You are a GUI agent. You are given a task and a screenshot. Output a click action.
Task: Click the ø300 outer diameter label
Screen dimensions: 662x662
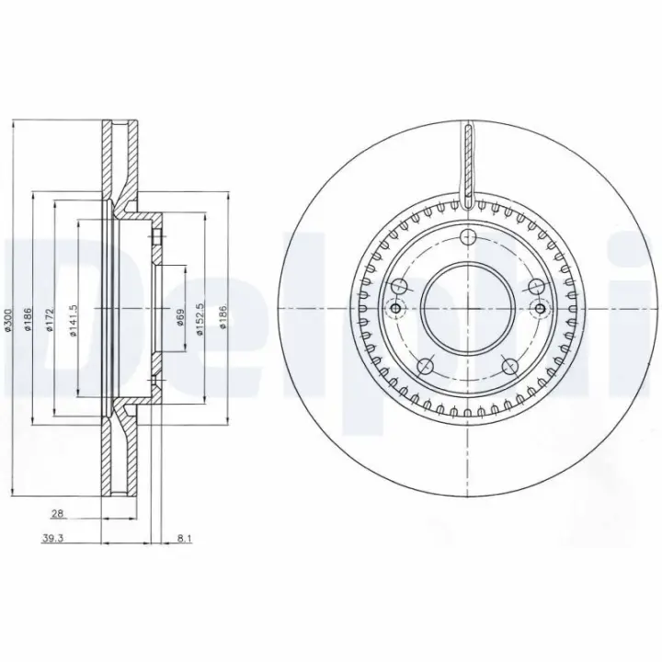pos(7,319)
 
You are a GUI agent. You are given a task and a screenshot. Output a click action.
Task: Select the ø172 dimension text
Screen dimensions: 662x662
pos(50,320)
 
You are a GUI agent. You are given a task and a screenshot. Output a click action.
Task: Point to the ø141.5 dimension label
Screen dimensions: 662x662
pos(73,320)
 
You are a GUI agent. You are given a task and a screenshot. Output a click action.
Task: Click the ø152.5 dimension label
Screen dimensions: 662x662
pos(200,319)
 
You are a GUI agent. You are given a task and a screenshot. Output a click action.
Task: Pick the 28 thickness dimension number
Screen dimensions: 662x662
pos(57,513)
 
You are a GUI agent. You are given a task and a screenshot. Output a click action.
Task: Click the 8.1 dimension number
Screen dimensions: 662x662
pos(185,538)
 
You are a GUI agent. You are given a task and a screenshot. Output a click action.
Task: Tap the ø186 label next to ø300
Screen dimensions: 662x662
pos(27,319)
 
